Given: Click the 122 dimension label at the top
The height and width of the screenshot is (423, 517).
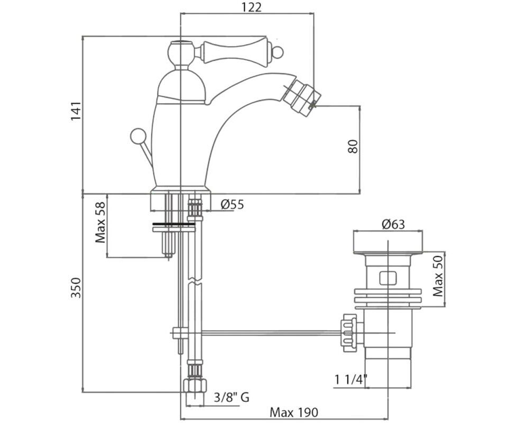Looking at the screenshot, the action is click(252, 7).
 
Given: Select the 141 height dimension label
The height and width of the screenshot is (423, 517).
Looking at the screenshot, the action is click(76, 111).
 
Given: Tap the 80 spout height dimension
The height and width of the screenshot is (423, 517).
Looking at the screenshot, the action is click(353, 146).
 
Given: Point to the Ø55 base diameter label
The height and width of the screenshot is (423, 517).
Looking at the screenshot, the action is click(232, 205).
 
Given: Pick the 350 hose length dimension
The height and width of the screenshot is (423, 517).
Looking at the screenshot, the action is click(76, 288).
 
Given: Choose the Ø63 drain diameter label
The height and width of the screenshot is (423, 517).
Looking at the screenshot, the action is click(393, 224).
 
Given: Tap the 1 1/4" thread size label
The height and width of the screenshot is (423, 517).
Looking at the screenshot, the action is click(351, 380).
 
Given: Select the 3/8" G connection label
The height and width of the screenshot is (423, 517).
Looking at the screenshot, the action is click(232, 397).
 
